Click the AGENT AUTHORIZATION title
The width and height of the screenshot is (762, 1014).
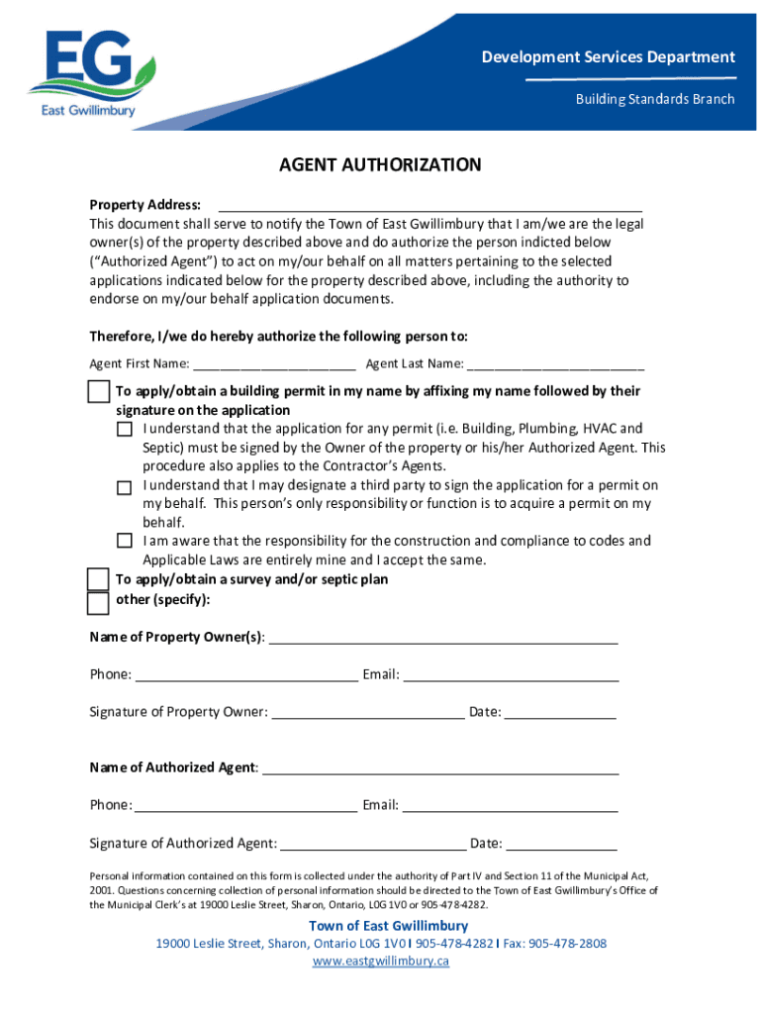click(380, 165)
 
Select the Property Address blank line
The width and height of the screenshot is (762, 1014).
click(429, 205)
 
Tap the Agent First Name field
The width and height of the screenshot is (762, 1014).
click(274, 363)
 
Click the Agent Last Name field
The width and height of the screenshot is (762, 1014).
click(555, 363)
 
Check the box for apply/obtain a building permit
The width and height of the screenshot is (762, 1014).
click(98, 391)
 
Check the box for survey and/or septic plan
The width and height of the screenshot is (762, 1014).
click(98, 579)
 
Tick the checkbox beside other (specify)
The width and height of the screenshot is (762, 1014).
click(98, 602)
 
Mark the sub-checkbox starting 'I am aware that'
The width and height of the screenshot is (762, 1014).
click(124, 542)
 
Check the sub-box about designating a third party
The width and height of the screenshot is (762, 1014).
click(124, 487)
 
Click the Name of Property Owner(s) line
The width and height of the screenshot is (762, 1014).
click(443, 638)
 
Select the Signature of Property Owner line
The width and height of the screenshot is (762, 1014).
click(367, 713)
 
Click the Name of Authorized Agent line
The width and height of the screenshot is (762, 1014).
click(440, 768)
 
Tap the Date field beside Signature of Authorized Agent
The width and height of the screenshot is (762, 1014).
click(561, 845)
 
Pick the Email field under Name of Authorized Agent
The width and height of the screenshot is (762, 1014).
click(510, 806)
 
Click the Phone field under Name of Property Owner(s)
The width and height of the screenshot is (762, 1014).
click(246, 676)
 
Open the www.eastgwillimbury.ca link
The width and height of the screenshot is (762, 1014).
click(381, 962)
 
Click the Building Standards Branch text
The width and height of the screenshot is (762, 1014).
click(656, 99)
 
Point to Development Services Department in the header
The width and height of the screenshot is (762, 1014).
click(608, 57)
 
